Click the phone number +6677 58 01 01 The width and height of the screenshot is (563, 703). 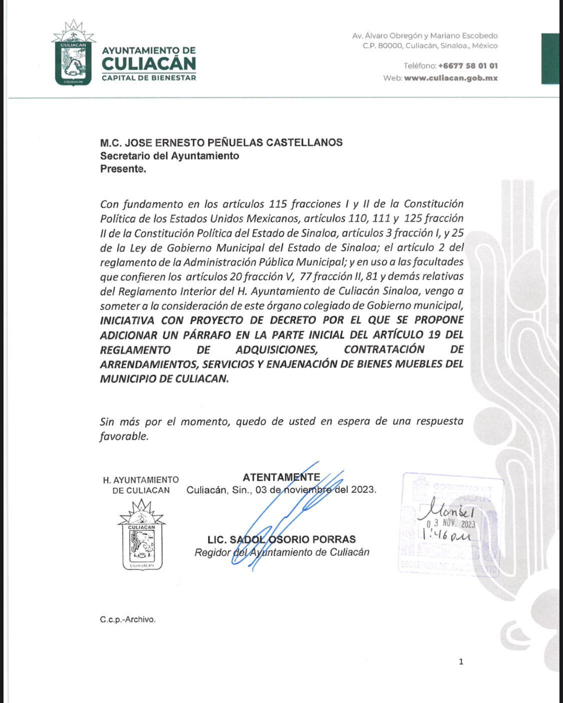click(x=467, y=66)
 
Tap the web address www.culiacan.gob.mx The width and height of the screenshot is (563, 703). click(x=450, y=78)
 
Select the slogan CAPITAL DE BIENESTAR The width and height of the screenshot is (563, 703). click(x=149, y=78)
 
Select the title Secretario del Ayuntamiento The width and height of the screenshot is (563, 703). click(x=170, y=156)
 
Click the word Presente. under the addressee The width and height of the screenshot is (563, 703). click(x=123, y=169)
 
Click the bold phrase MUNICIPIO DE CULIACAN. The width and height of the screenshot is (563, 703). click(x=164, y=378)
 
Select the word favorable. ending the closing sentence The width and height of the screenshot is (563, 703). click(x=124, y=436)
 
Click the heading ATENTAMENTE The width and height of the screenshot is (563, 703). click(x=281, y=477)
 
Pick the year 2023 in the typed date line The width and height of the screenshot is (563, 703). click(x=362, y=489)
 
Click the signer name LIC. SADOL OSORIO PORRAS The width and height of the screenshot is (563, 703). click(x=281, y=539)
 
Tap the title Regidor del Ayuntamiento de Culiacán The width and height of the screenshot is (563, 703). click(x=282, y=552)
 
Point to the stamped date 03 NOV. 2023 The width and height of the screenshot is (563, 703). click(x=450, y=524)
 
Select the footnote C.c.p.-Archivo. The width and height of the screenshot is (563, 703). click(x=128, y=619)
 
